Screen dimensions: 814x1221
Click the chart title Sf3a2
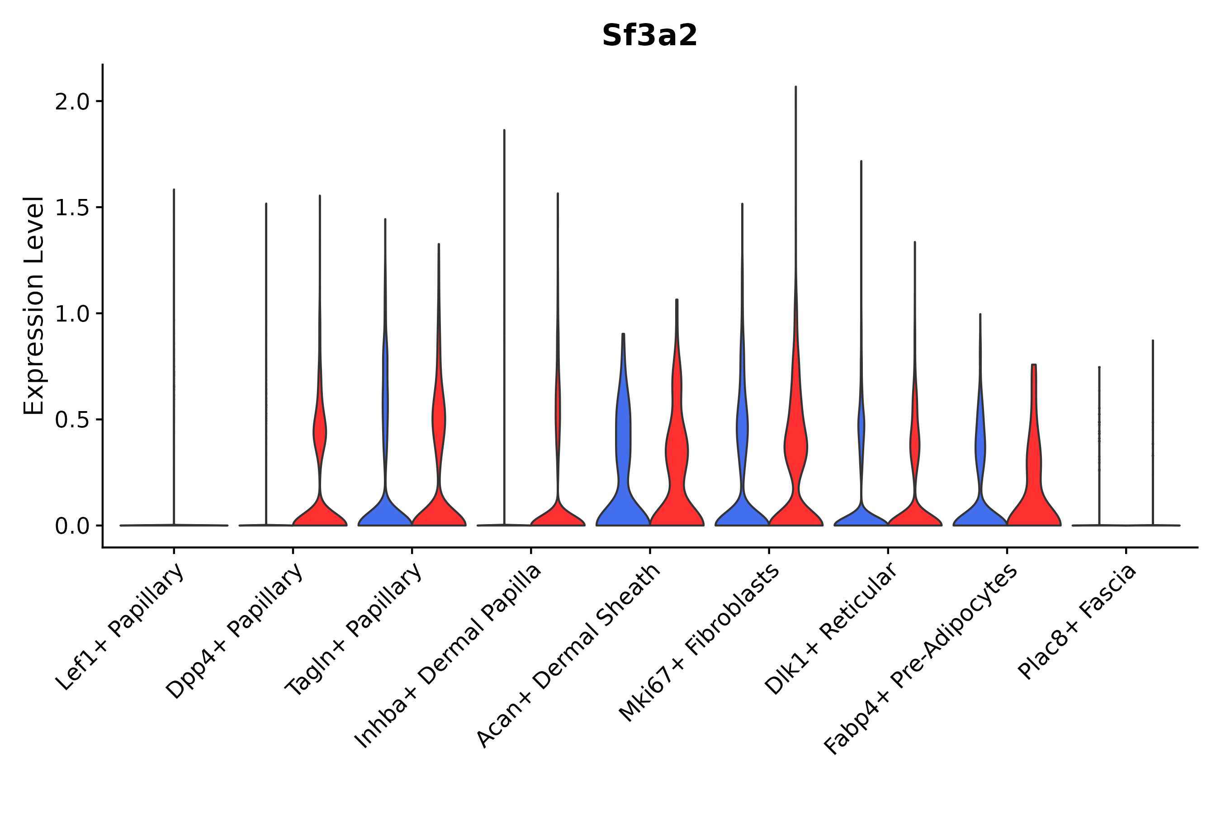pos(649,36)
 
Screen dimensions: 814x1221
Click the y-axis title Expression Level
pos(34,305)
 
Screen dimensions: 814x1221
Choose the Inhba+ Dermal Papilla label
pos(448,656)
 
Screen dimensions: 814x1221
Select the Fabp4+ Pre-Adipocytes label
pos(920,659)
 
